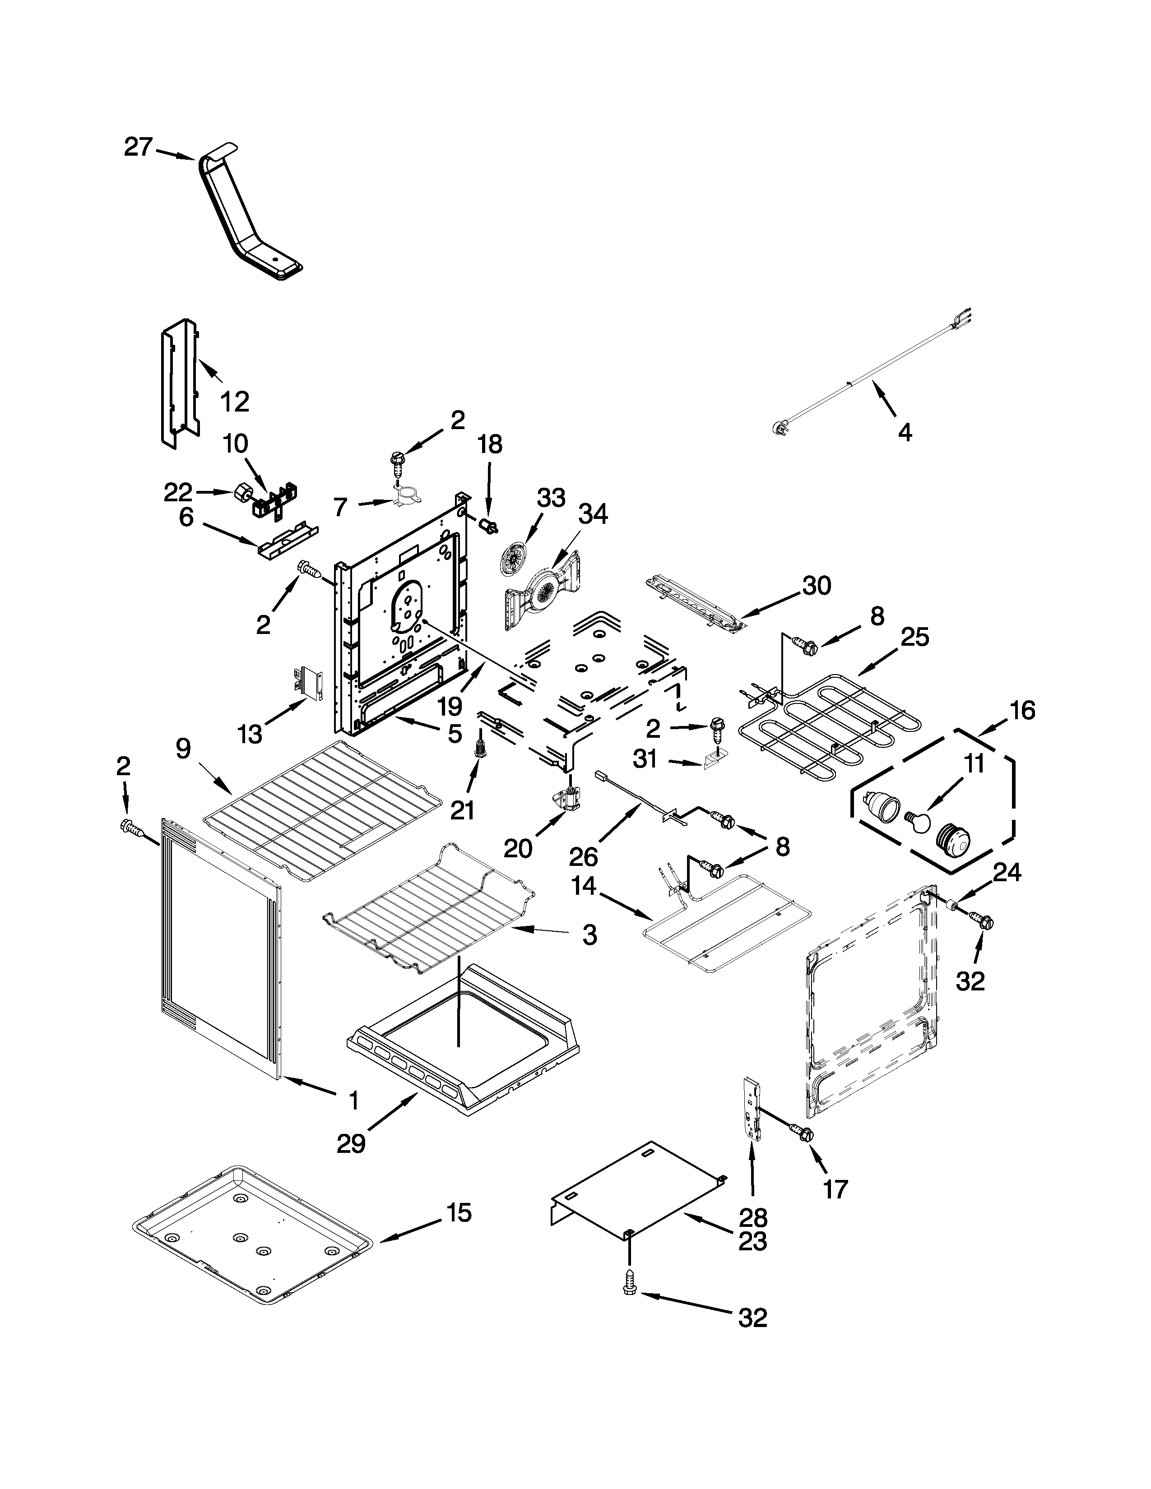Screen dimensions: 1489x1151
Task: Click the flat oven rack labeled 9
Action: point(320,808)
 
